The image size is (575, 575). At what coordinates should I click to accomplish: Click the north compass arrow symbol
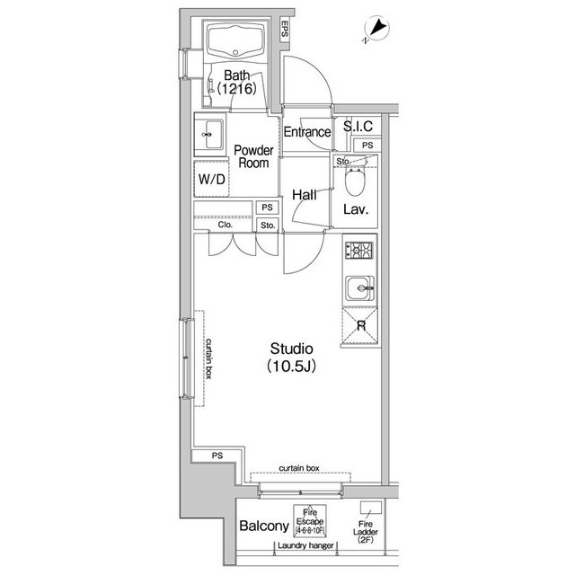376,29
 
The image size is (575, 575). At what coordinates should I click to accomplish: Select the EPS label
285,30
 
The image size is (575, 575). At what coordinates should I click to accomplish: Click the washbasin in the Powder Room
209,135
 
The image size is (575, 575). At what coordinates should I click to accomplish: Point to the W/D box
212,179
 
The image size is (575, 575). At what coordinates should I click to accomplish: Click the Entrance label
307,132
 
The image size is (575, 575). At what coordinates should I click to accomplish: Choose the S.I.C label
358,126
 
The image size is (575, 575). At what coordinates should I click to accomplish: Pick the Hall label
305,195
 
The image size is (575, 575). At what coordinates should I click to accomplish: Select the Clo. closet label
226,225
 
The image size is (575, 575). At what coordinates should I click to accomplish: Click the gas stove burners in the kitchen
359,251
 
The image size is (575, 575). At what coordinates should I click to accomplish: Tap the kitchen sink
360,288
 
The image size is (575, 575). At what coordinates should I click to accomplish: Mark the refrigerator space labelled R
359,325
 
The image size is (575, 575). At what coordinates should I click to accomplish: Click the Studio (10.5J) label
291,358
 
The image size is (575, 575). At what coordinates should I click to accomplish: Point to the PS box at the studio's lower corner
217,456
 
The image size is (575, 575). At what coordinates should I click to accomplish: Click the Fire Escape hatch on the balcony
310,521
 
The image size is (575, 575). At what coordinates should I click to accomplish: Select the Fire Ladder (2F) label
366,532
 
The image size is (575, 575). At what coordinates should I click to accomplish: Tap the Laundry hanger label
305,545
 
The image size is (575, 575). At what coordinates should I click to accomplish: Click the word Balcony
264,526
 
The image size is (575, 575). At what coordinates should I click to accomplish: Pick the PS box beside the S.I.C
367,146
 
